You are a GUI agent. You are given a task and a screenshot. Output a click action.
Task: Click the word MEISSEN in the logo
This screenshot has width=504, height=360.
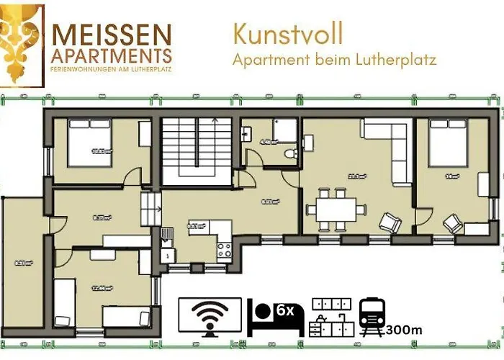[112, 34]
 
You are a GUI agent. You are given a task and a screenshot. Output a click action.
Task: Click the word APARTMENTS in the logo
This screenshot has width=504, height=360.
[112, 55]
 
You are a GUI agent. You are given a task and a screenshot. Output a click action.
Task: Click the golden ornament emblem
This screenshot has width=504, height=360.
[19, 43]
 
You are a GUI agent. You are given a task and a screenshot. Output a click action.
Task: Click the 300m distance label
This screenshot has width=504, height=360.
[404, 330]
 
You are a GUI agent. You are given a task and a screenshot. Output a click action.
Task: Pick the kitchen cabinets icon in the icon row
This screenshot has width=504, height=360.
[330, 318]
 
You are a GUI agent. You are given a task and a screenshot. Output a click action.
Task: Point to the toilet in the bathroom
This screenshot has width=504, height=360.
[289, 153]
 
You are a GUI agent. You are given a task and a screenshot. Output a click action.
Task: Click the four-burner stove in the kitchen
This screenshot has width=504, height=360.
[224, 250]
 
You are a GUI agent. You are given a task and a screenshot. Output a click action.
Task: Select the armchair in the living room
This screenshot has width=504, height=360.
[391, 223]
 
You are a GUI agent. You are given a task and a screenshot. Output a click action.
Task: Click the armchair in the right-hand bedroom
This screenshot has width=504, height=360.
[452, 224]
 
